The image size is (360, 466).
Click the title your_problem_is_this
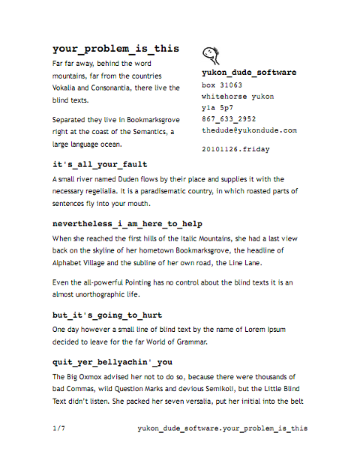coord(115,49)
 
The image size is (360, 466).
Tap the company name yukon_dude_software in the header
coord(250,73)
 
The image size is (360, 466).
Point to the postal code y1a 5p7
coord(219,108)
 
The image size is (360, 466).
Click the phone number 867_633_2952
coord(229,119)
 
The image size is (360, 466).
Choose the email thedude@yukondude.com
coord(249,130)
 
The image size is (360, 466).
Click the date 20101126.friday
coord(235,149)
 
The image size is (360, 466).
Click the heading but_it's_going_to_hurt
coord(106,315)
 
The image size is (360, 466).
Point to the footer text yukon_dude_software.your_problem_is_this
coord(223,429)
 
